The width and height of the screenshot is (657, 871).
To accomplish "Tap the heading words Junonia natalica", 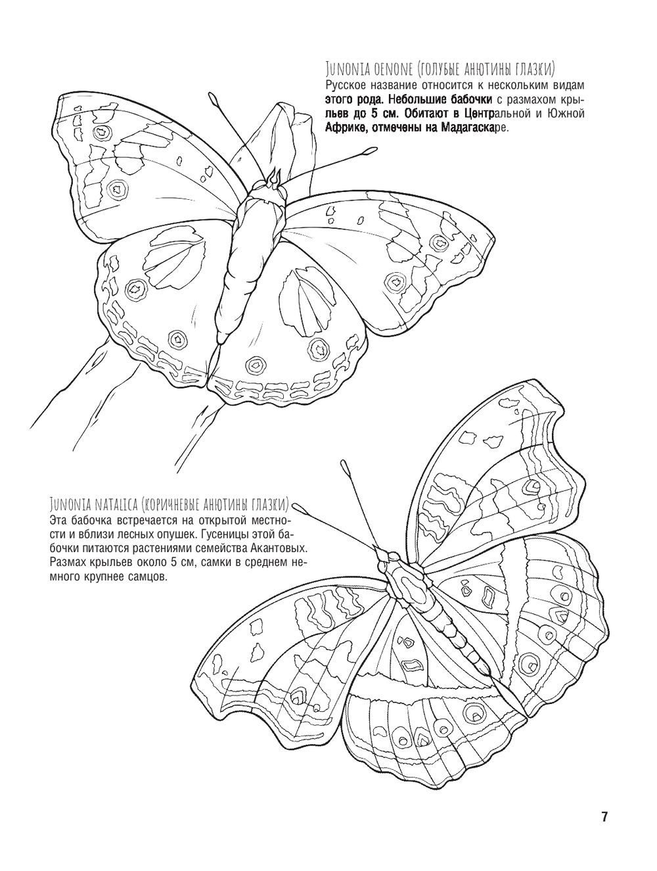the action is pos(93,504).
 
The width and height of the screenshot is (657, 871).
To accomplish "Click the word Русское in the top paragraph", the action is pos(345,85).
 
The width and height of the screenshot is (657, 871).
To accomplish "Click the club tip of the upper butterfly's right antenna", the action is pos(369,152).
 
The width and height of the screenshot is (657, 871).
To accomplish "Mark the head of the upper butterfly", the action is pos(272,185).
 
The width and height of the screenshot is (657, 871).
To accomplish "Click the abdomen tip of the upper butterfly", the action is pos(219,341).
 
